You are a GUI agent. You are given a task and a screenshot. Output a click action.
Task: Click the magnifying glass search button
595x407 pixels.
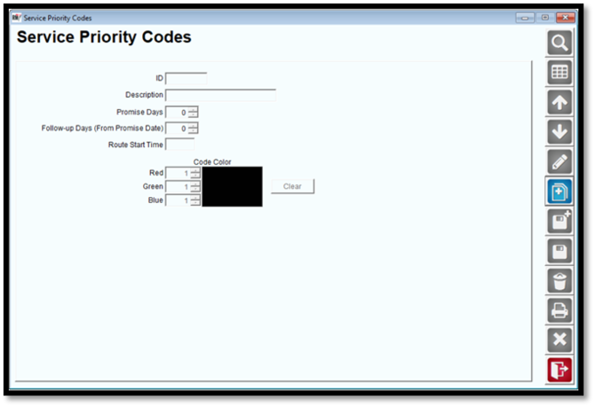click(x=559, y=43)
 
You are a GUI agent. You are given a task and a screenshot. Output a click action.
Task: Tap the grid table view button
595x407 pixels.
click(x=559, y=72)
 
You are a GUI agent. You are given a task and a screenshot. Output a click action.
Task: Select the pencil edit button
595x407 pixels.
click(x=559, y=161)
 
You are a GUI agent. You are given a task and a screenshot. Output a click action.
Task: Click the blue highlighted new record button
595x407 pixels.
click(x=559, y=192)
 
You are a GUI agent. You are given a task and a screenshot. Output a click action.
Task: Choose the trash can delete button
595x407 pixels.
click(x=559, y=281)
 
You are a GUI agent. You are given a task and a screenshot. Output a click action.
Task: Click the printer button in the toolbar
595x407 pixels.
click(x=559, y=310)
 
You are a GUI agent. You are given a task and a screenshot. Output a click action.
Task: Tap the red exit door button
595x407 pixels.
click(x=559, y=370)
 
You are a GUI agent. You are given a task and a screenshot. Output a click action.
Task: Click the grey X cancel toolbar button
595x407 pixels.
click(x=559, y=340)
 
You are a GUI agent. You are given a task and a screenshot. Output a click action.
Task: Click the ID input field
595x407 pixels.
click(x=186, y=78)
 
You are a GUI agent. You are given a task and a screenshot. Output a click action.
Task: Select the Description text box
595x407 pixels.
click(x=220, y=95)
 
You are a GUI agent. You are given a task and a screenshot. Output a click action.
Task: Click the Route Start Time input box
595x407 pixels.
click(x=180, y=145)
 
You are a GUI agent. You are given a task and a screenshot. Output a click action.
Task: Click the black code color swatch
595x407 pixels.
click(x=233, y=186)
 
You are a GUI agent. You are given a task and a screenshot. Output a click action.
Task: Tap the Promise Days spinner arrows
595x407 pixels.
click(x=193, y=113)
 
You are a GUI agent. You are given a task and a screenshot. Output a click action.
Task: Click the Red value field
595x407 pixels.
click(x=178, y=173)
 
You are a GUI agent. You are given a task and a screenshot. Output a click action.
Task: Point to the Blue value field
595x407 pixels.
click(x=178, y=200)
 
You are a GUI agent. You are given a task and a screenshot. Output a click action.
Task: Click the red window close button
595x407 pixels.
click(x=566, y=18)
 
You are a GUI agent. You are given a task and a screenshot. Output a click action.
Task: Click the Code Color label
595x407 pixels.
click(x=212, y=161)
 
